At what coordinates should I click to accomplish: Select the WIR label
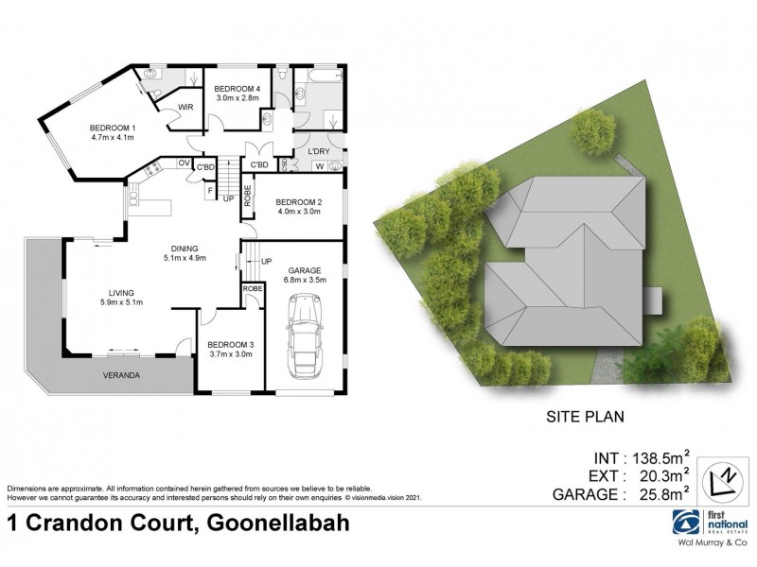tap(185, 107)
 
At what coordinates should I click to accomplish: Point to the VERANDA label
tap(123, 375)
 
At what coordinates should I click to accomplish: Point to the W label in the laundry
tap(318, 168)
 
